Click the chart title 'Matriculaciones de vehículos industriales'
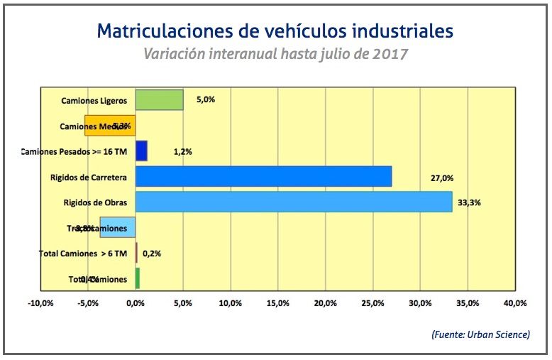tap(275, 31)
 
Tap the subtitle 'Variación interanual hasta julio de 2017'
tap(275, 54)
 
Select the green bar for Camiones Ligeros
tap(160, 100)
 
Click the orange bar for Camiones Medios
tap(110, 126)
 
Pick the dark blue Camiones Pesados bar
tap(141, 151)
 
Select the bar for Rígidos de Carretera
tap(263, 177)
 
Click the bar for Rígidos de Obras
tap(294, 202)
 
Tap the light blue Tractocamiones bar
tap(118, 228)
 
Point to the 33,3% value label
tap(470, 202)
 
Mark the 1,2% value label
tap(182, 152)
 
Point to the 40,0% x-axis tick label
tap(514, 303)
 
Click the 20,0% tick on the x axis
tap(325, 303)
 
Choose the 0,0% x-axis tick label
tap(136, 303)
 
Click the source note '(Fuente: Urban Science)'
tap(480, 334)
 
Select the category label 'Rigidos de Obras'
tap(94, 202)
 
